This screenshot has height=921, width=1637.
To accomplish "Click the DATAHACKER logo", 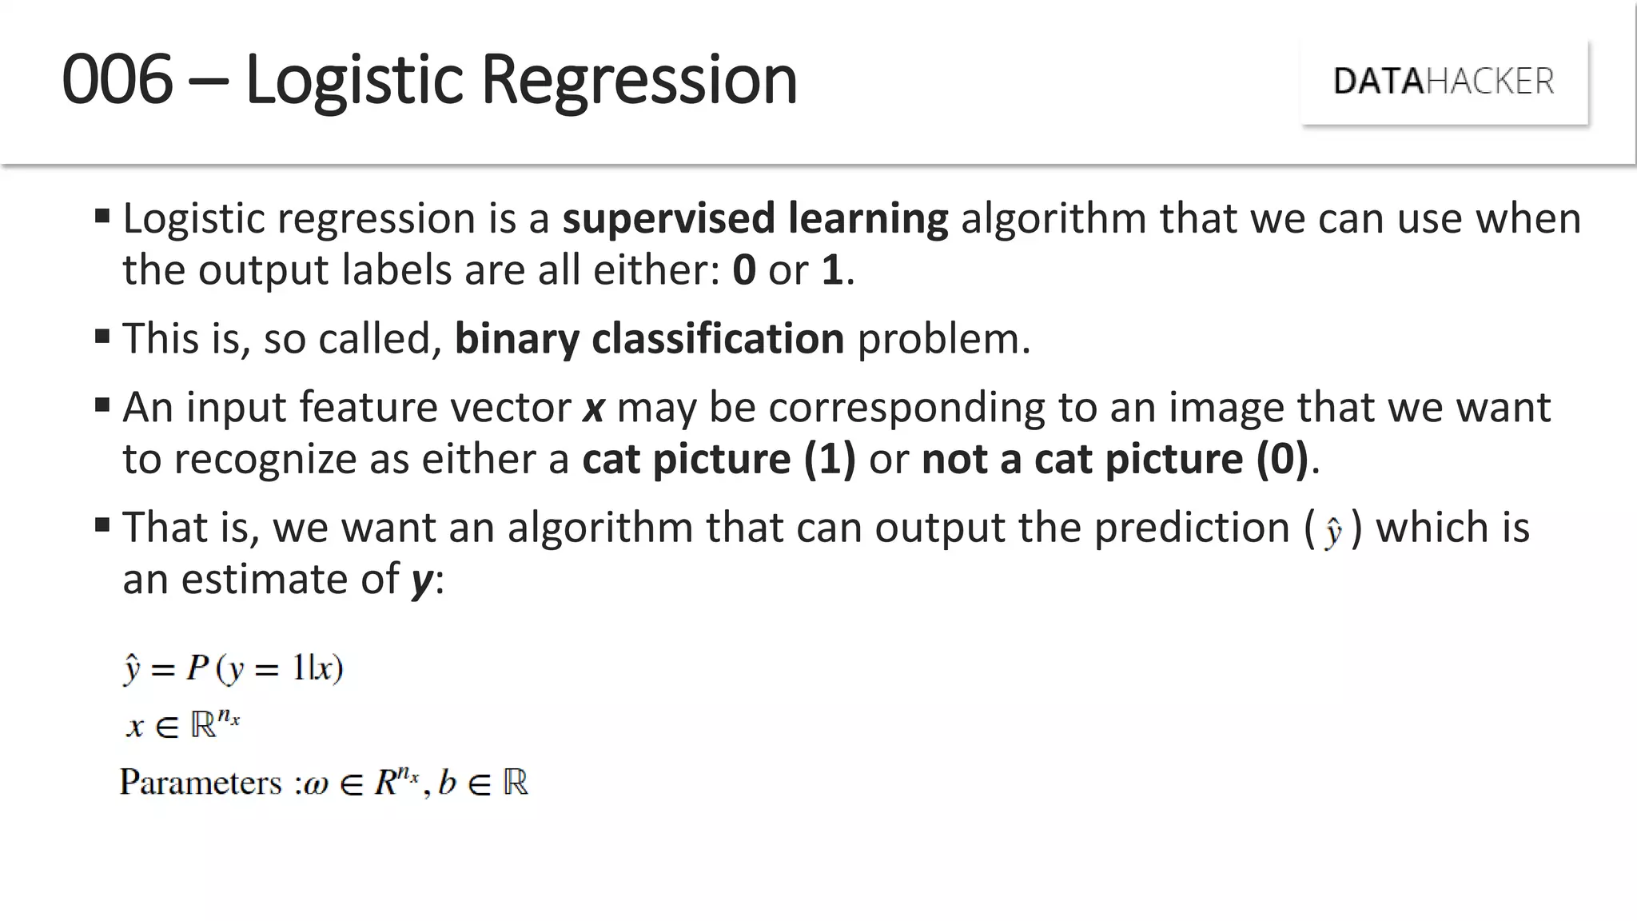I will [x=1444, y=82].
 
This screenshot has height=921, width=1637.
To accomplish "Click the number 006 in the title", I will [x=117, y=79].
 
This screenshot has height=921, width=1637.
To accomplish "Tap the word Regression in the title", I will [x=639, y=81].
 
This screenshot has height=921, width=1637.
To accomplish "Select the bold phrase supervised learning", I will [x=755, y=218].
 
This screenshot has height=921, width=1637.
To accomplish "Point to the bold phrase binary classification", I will [x=649, y=338].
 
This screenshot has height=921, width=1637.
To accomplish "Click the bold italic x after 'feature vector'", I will [x=593, y=408].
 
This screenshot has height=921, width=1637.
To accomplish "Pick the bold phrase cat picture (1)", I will [x=718, y=459].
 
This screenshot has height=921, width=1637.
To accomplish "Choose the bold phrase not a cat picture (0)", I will [x=1114, y=459].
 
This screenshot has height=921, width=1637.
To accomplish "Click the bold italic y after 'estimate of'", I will [x=421, y=580].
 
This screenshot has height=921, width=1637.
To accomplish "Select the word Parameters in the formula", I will [x=201, y=782].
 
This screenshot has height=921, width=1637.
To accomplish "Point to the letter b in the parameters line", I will [x=447, y=781].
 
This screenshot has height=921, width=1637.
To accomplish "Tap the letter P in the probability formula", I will [x=197, y=667].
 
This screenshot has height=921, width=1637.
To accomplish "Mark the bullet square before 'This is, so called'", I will [x=102, y=336].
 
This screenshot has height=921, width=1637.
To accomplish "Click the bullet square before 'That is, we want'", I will [x=102, y=524].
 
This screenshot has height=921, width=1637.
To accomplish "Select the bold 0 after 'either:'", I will [x=743, y=270].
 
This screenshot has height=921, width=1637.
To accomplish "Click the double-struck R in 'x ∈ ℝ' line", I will [x=203, y=724].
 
